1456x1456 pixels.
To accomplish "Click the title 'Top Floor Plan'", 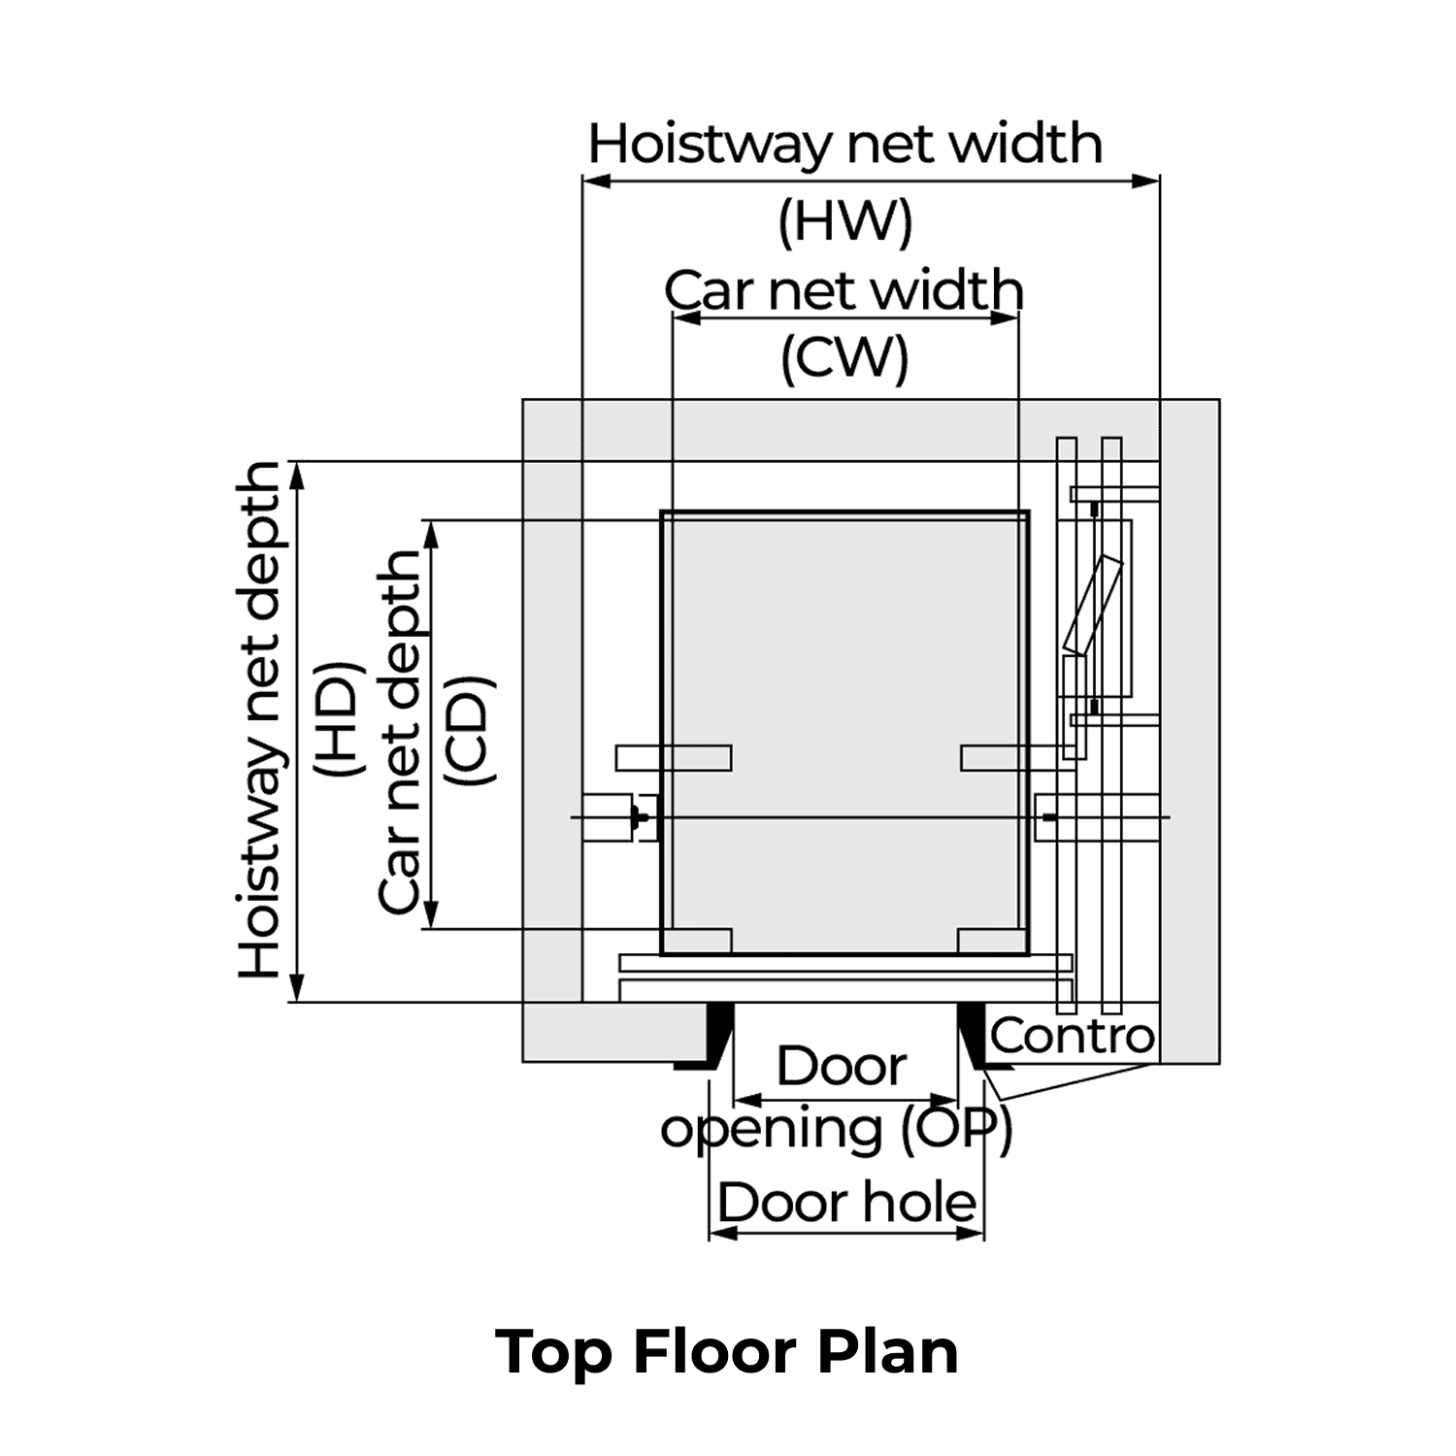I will point(727,1350).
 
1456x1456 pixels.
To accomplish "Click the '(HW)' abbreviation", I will point(845,222).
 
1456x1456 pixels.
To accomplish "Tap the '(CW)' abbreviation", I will point(845,358).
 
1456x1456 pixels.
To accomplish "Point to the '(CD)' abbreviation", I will point(470,730).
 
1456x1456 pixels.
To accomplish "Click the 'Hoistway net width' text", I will point(845,145).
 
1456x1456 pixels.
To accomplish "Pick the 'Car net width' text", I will point(844,290).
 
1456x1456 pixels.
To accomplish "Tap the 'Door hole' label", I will point(846,1203).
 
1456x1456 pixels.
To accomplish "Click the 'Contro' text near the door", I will point(1073,1036).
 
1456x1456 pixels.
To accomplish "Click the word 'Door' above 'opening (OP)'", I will point(841,1067).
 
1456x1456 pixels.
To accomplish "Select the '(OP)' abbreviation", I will point(956,1129).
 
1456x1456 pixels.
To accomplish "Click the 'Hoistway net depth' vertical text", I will point(260,720).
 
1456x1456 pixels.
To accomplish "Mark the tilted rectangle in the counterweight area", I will point(1093,604).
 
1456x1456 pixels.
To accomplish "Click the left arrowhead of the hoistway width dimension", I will point(594,181).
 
